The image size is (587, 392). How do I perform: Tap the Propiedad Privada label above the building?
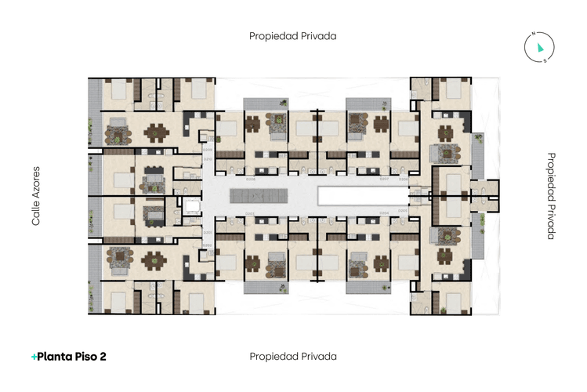(293, 36)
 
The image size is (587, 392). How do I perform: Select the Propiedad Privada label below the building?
(293, 356)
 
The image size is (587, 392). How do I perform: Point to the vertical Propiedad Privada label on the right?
(551, 196)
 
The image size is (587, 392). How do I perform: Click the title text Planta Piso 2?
(72, 357)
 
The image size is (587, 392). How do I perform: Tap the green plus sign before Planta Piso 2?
(34, 357)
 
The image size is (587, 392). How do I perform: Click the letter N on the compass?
(533, 34)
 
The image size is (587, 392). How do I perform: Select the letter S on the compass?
(545, 59)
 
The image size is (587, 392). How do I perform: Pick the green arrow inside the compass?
(540, 48)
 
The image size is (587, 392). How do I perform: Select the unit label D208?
(250, 179)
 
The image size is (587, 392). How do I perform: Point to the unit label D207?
(384, 179)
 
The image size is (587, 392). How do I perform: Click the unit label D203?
(250, 213)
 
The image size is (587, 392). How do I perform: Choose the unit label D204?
(384, 213)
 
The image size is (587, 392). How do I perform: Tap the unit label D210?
(208, 158)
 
